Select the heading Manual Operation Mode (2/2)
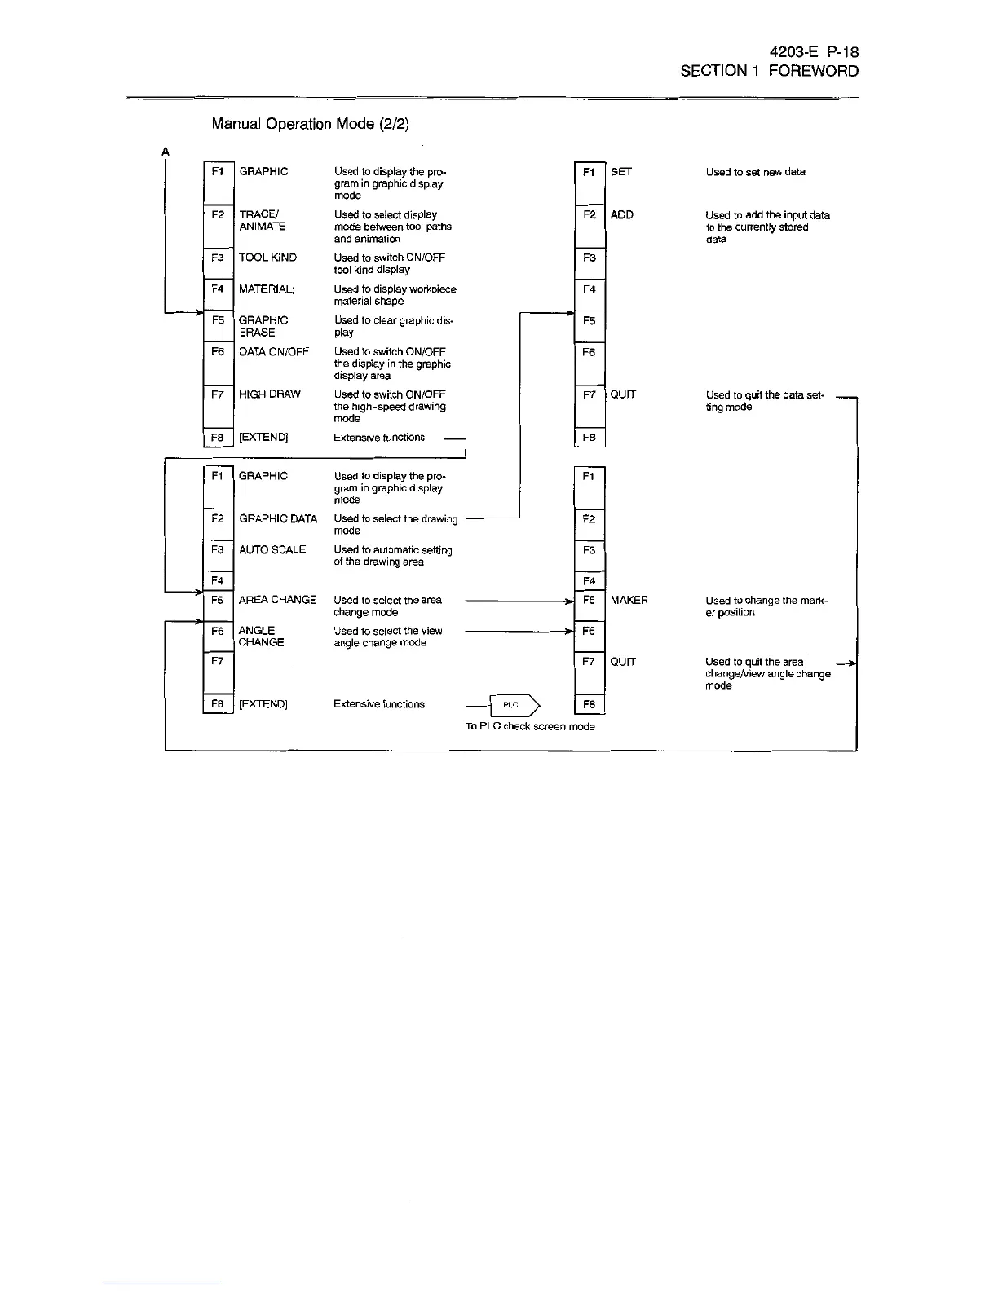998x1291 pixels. (310, 124)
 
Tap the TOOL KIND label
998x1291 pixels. (267, 258)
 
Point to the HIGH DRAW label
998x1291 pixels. (269, 394)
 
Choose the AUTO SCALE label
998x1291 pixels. (272, 550)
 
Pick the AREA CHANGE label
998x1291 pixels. (277, 600)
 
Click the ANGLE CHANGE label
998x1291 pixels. (261, 637)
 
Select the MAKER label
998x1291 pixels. (629, 601)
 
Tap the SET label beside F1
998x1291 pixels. (620, 172)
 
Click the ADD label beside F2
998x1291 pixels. (621, 215)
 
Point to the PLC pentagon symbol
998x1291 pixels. (513, 705)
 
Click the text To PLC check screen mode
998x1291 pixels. (530, 726)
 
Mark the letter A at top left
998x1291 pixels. (166, 152)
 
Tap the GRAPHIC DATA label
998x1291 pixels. (277, 519)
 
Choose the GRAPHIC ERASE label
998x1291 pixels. (263, 327)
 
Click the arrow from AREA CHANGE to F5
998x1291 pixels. (519, 601)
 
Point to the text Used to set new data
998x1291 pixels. (755, 172)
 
